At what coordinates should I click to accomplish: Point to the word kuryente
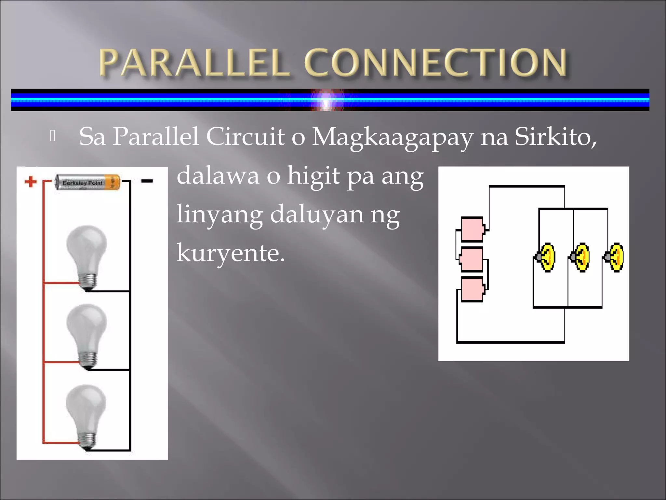coord(230,253)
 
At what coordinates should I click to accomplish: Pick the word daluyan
coord(316,215)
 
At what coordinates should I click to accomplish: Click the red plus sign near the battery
coord(31,182)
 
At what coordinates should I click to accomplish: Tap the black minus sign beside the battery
coord(147,181)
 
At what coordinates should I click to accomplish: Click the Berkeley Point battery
coord(87,183)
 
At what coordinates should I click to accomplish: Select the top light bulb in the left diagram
coord(87,256)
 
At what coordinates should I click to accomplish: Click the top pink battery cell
coord(472,229)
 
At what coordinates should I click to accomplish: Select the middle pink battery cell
coord(472,259)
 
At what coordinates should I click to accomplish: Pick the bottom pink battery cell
coord(472,289)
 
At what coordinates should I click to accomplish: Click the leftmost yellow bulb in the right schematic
coord(546,257)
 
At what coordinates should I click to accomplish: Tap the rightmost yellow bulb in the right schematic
coord(615,257)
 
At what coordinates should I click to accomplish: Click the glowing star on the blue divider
coord(326,100)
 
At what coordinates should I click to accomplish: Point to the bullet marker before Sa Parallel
coord(53,136)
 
